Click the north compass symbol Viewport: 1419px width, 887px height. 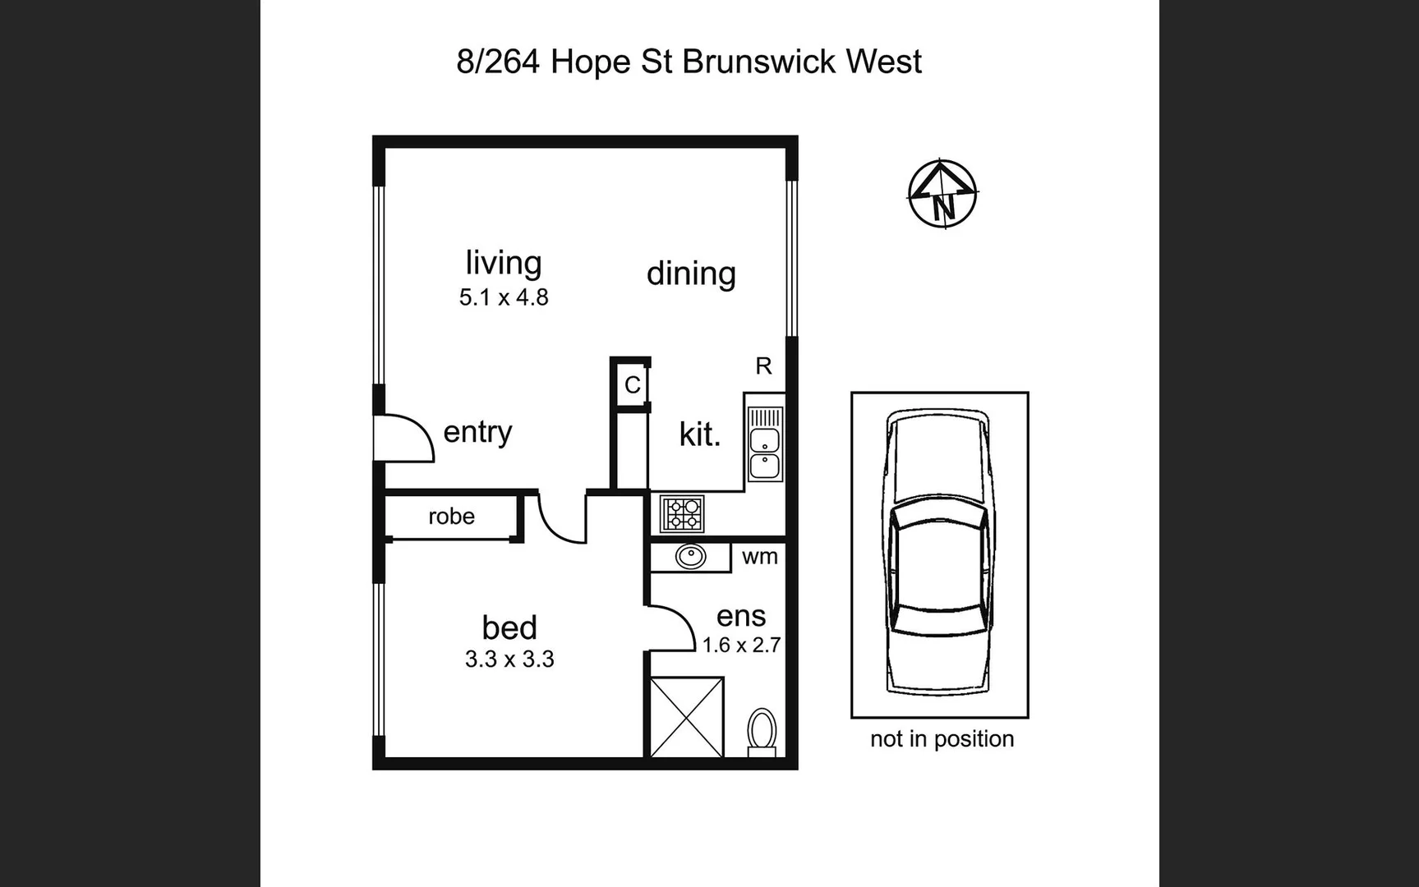click(942, 194)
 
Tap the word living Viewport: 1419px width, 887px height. click(503, 263)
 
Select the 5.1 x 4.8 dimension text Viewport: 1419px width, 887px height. click(503, 297)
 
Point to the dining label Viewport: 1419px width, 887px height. click(690, 273)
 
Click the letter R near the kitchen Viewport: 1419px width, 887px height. click(763, 366)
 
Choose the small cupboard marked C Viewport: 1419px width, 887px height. click(632, 384)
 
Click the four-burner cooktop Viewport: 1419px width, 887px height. click(682, 514)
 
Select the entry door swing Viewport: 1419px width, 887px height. click(404, 439)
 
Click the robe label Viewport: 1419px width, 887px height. click(451, 517)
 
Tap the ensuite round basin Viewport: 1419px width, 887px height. click(690, 557)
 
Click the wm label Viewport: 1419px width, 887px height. click(759, 557)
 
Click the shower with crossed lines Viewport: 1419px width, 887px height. click(687, 717)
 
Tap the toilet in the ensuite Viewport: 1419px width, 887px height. click(762, 731)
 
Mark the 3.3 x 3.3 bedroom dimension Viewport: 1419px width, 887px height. click(509, 660)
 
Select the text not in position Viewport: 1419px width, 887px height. click(942, 739)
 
